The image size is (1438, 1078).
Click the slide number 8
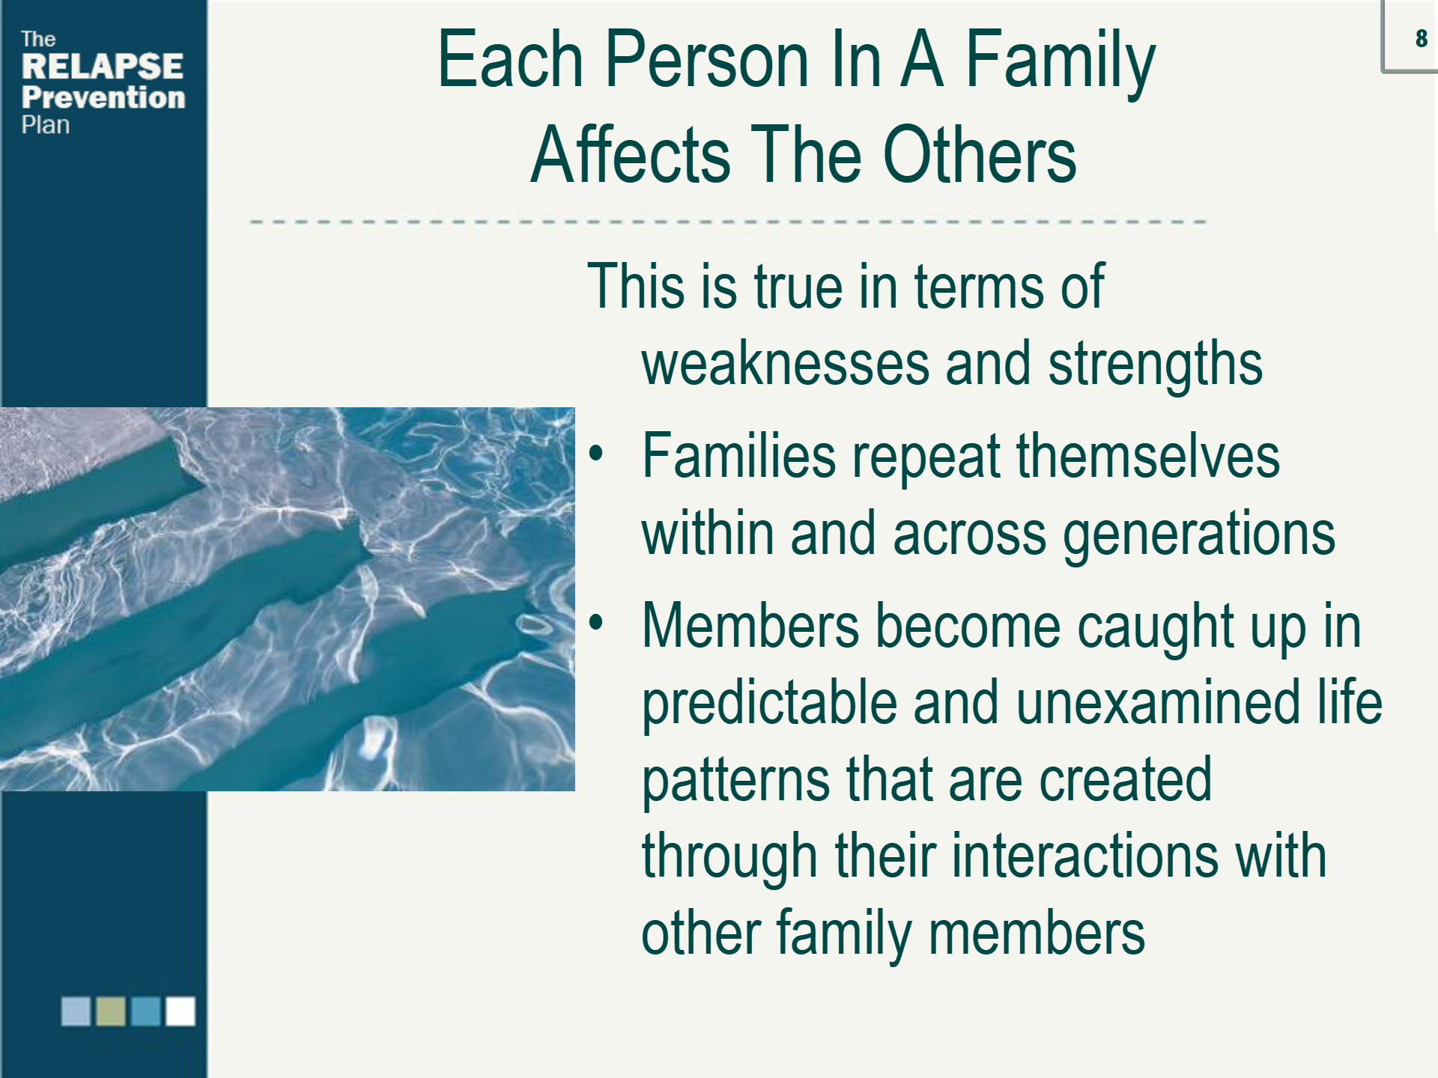pos(1421,38)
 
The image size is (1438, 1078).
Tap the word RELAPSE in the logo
pos(103,66)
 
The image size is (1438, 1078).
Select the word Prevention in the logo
pos(103,97)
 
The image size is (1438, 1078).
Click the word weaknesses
pos(784,364)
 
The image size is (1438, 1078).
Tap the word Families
pos(738,456)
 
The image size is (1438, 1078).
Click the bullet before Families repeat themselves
pos(595,454)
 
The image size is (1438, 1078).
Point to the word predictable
pos(769,704)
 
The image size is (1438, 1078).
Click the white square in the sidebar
pos(180,1011)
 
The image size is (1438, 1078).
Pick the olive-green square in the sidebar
pos(111,1011)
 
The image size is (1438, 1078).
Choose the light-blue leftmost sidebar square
pos(76,1011)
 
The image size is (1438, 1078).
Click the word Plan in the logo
pos(46,125)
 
